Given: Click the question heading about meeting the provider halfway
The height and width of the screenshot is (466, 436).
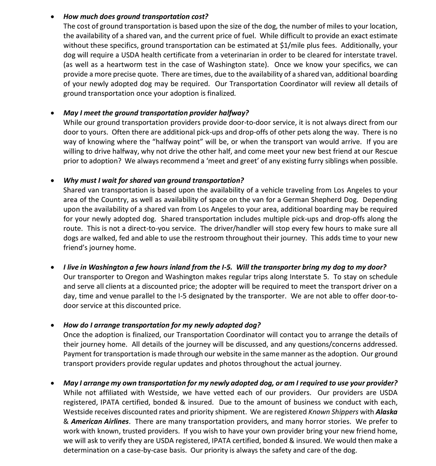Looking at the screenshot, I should coord(156,113).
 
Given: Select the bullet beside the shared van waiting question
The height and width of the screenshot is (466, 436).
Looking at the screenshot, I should coord(52,181).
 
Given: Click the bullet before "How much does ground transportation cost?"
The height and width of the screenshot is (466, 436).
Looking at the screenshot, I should coord(52,17).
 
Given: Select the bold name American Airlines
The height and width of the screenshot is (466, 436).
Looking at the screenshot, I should coord(100,421).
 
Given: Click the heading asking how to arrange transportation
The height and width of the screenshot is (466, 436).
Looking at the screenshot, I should coord(162,325).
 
